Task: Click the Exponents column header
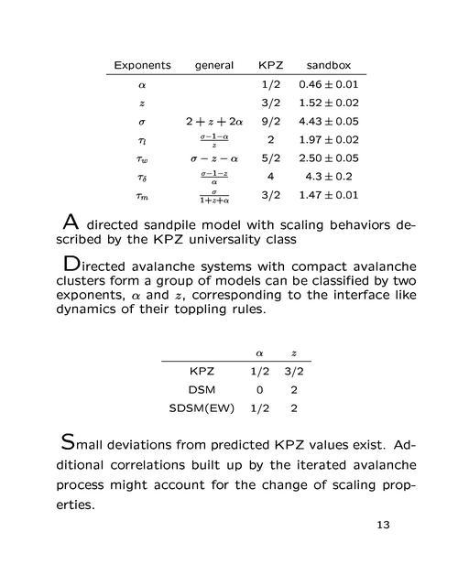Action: [x=142, y=65]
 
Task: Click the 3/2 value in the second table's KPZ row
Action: [x=295, y=371]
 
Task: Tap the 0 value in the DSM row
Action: [x=259, y=389]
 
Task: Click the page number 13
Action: [x=383, y=526]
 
